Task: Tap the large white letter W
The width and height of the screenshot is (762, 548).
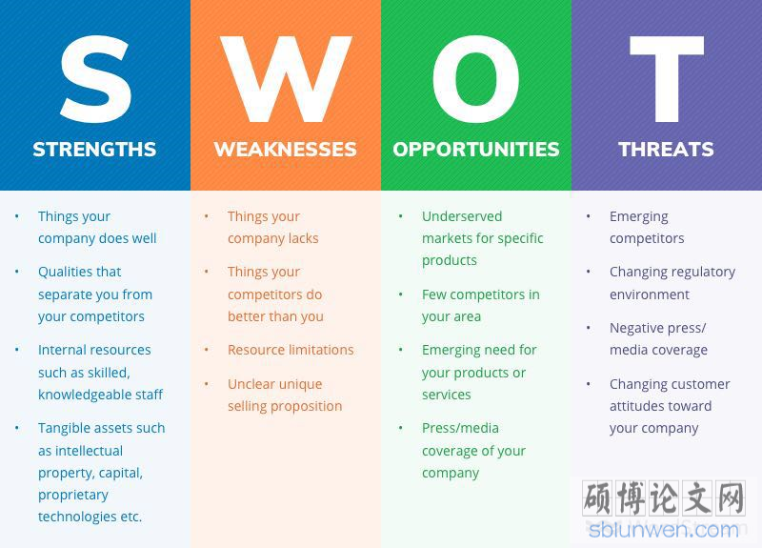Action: pos(286,79)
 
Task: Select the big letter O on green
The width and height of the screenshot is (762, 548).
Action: pos(475,79)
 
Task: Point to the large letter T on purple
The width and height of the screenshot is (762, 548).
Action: pos(667,79)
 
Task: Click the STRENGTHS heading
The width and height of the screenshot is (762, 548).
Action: pos(94,150)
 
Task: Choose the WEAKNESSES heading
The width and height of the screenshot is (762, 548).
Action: pos(285,150)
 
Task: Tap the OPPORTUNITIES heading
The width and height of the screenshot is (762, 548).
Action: pos(476,150)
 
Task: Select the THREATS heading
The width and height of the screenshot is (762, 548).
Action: pos(666,150)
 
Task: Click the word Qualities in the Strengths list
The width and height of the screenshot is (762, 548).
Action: pos(61,272)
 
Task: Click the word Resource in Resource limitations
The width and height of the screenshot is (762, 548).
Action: pos(255,350)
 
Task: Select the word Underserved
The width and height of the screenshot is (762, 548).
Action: pos(462,216)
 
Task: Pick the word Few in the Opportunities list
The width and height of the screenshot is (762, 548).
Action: pos(432,294)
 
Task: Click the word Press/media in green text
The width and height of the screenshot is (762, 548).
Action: pos(460,428)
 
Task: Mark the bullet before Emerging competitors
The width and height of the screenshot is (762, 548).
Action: pos(588,216)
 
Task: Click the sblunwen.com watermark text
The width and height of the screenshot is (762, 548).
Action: pos(664,530)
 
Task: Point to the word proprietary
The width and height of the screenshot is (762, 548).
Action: pos(73,495)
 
